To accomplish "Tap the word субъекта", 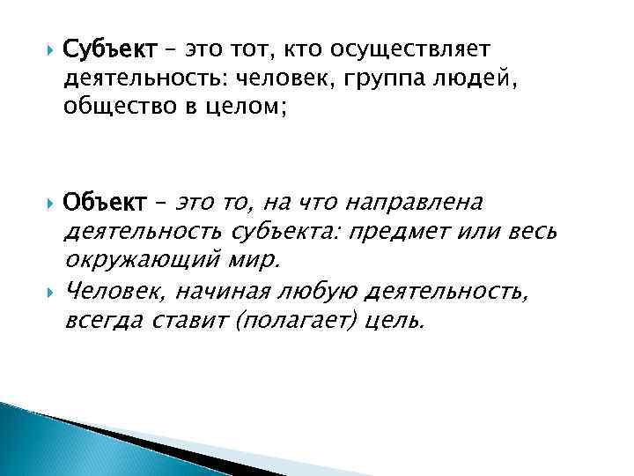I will [286, 233].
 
